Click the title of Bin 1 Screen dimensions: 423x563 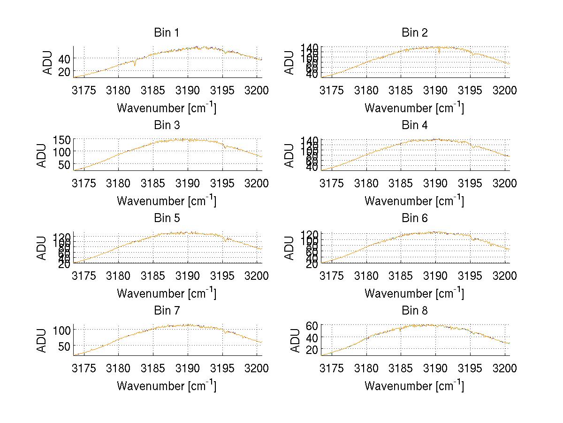(x=167, y=33)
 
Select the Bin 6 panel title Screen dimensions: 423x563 (x=415, y=218)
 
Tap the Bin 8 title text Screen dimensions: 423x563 (x=415, y=311)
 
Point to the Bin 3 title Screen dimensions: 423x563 (x=167, y=125)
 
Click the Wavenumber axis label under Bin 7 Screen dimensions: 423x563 (x=167, y=385)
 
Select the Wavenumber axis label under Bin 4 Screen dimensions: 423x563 (x=414, y=200)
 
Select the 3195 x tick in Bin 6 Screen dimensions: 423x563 (x=470, y=276)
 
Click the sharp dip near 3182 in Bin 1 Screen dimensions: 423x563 (x=135, y=65)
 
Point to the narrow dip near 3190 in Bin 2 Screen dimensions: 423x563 (x=439, y=52)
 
